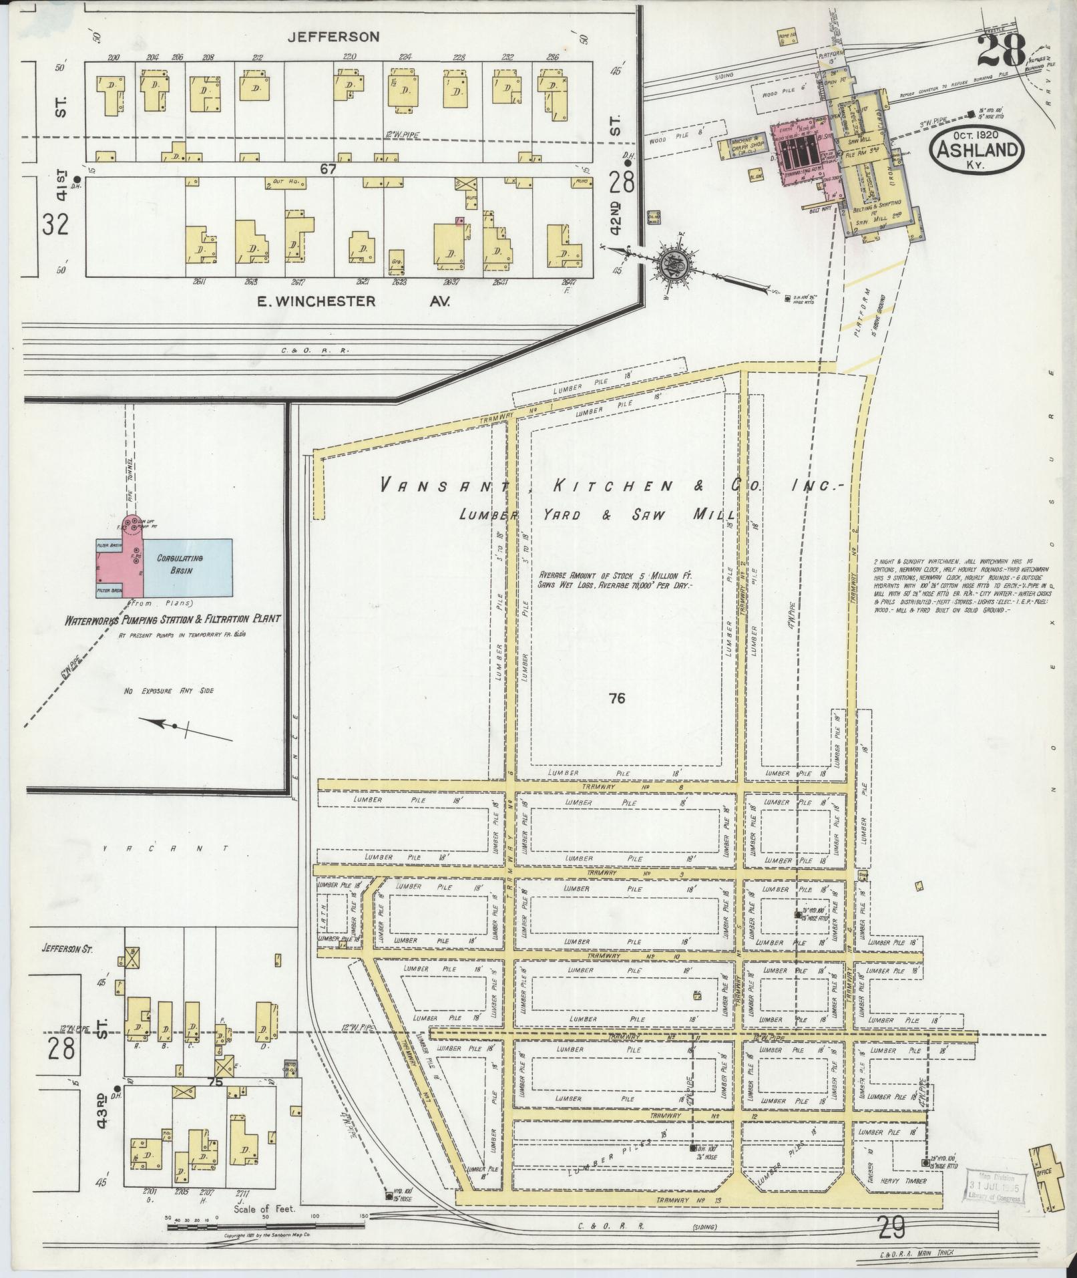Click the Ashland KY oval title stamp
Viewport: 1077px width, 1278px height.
[x=978, y=151]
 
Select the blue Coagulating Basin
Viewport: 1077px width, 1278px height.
[x=188, y=567]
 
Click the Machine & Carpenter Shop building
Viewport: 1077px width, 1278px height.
[x=742, y=148]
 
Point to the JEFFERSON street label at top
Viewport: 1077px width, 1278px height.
[x=333, y=37]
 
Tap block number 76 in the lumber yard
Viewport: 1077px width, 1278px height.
[x=616, y=699]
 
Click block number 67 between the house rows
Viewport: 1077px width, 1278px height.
[x=327, y=170]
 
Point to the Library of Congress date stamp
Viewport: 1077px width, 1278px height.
[x=994, y=1189]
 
